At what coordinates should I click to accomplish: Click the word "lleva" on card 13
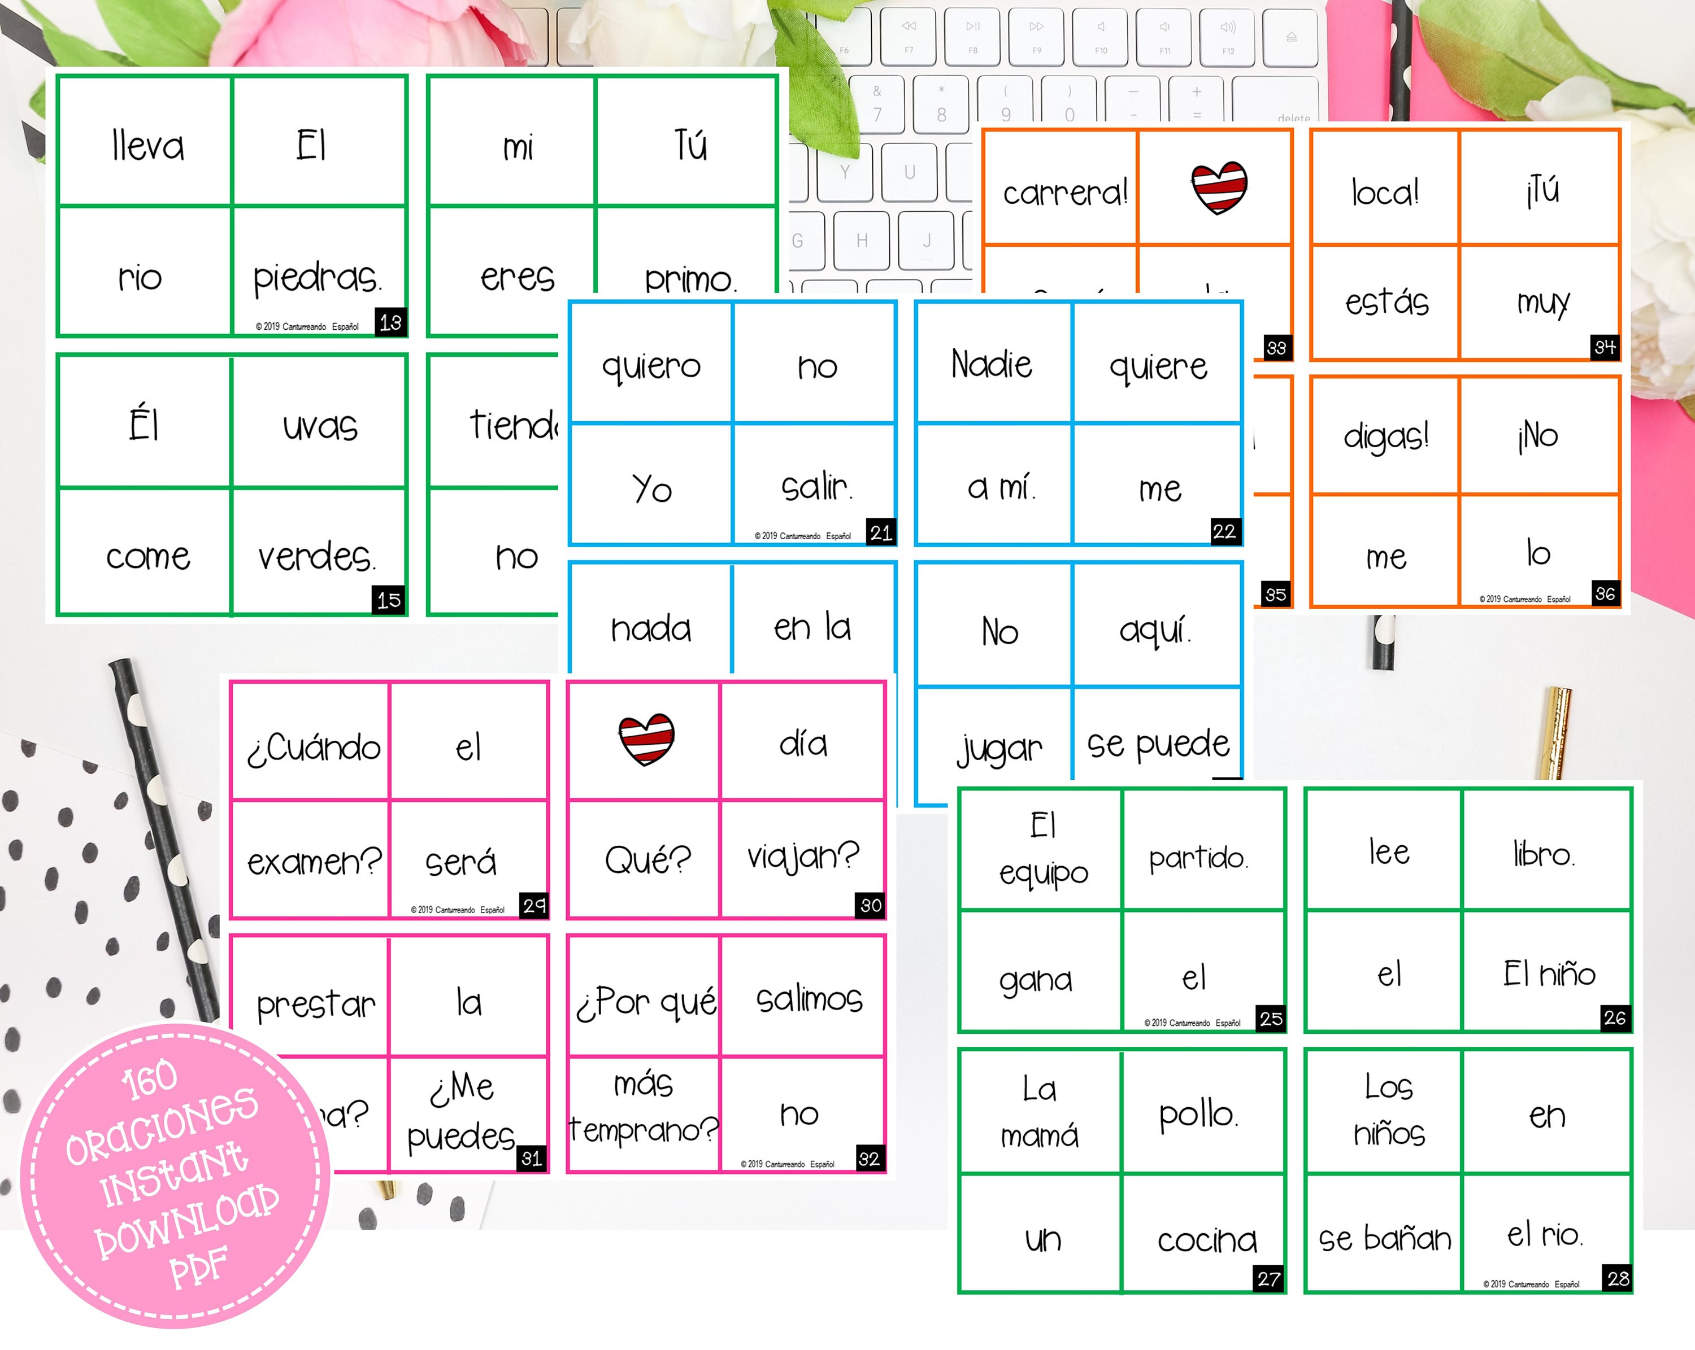[148, 147]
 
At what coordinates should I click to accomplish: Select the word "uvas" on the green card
[320, 427]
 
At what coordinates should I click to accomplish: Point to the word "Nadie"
[992, 365]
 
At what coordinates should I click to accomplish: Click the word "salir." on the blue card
[816, 488]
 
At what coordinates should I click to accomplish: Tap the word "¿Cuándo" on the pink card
[314, 748]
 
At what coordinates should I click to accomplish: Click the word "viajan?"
[803, 856]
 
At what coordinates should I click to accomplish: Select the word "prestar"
[316, 1005]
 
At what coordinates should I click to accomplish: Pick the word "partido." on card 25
[1198, 857]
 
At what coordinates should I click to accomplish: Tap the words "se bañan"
[1384, 1239]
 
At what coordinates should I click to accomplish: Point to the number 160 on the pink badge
[149, 1080]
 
